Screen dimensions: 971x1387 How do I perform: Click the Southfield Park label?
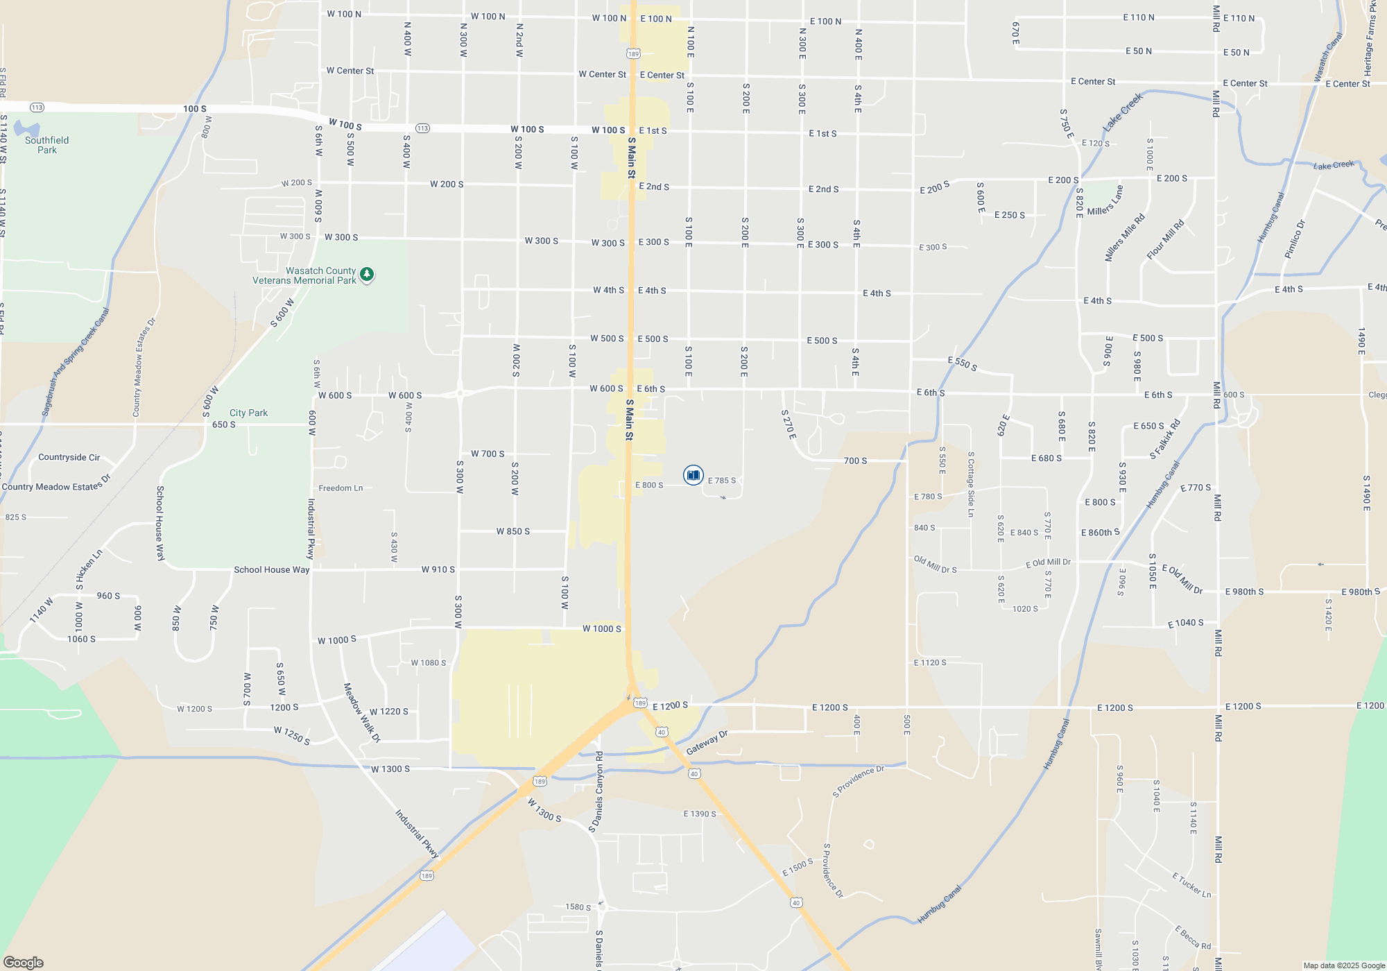[47, 145]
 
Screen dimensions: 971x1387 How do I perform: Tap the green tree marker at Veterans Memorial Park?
[367, 275]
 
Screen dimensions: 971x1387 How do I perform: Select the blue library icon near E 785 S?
[693, 475]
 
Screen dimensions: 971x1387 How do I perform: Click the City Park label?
[248, 413]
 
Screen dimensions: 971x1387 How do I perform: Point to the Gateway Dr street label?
[707, 743]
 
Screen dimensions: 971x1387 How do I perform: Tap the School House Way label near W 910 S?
[271, 569]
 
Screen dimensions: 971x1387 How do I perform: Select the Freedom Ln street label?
[341, 488]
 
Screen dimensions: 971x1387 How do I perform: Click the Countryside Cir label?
[69, 457]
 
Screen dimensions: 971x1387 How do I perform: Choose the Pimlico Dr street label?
[1295, 239]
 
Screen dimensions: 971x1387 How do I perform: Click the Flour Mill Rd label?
[1165, 240]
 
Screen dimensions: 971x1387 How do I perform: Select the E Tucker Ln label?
[1191, 885]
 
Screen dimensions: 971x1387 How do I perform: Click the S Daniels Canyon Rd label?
[596, 791]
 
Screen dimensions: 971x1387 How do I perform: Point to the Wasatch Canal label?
[1329, 58]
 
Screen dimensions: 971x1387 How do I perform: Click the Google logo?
[24, 962]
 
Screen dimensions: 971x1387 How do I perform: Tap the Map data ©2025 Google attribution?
[1343, 965]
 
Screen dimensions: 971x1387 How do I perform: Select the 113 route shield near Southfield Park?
[37, 108]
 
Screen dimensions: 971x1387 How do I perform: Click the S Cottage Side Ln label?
[971, 484]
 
